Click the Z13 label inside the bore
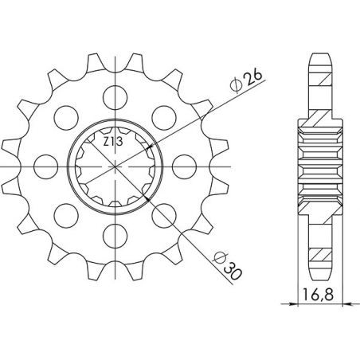click(111, 143)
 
